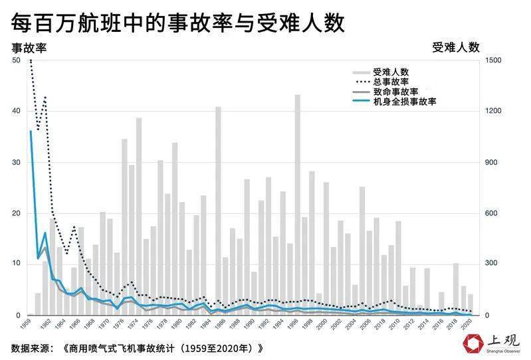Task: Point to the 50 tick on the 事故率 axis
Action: [x=17, y=61]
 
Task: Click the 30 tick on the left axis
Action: [x=17, y=163]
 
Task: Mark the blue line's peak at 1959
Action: [x=31, y=132]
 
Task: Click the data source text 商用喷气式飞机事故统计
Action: [x=165, y=348]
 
